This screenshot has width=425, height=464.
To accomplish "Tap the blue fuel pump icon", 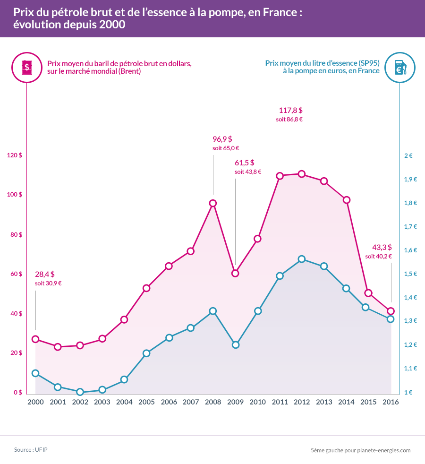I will point(399,67).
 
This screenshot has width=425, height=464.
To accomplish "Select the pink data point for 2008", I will point(213,203).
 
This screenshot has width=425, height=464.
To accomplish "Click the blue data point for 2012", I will point(302,259).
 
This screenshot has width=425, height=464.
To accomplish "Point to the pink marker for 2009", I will point(235,273).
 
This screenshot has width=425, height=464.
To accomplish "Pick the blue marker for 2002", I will point(80,392).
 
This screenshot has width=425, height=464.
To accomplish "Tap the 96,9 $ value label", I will point(222,139).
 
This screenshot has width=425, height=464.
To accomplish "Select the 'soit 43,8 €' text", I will point(248,172).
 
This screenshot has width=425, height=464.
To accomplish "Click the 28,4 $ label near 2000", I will point(45,274).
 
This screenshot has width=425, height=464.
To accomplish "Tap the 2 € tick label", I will point(408,155).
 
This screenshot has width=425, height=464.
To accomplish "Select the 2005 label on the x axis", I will point(146,402).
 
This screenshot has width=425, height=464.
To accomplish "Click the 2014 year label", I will point(346,402).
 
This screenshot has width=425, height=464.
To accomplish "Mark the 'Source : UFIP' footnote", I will point(31,449).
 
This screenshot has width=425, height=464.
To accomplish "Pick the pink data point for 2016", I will point(391,311).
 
